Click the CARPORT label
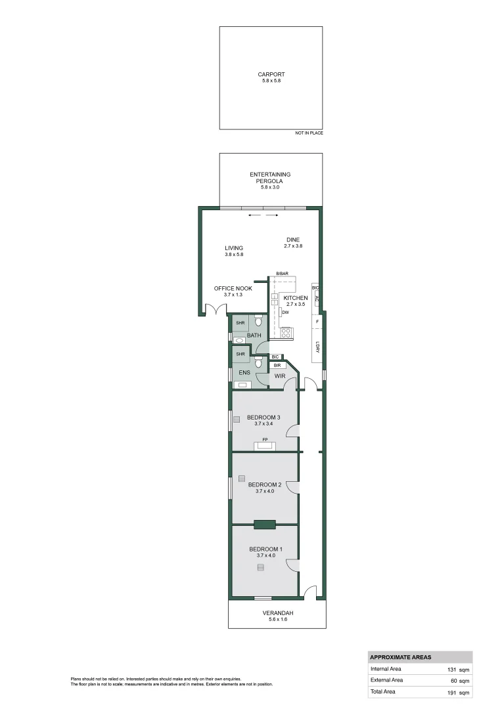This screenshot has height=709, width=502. pyautogui.click(x=271, y=75)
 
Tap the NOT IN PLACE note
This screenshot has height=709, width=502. pyautogui.click(x=309, y=133)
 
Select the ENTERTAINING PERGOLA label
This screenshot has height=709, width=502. pyautogui.click(x=270, y=177)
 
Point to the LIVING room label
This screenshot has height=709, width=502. pyautogui.click(x=234, y=248)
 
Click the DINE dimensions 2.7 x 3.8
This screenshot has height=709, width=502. pyautogui.click(x=292, y=246)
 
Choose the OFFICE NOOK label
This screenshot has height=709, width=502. pyautogui.click(x=233, y=288)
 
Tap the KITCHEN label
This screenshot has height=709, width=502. pyautogui.click(x=295, y=298)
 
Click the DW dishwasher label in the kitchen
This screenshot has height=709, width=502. pyautogui.click(x=285, y=312)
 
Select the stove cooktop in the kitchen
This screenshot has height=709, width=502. pyautogui.click(x=286, y=332)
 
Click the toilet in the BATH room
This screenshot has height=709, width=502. pyautogui.click(x=258, y=320)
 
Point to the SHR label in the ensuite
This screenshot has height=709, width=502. pyautogui.click(x=240, y=354)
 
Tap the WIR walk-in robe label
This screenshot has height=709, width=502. pyautogui.click(x=279, y=376)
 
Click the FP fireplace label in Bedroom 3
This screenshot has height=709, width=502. pyautogui.click(x=265, y=439)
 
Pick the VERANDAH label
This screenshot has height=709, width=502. pyautogui.click(x=279, y=613)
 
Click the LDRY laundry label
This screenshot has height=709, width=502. pyautogui.click(x=317, y=348)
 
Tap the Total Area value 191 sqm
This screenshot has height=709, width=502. pyautogui.click(x=459, y=693)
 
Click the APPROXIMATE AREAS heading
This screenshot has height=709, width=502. pyautogui.click(x=401, y=657)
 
